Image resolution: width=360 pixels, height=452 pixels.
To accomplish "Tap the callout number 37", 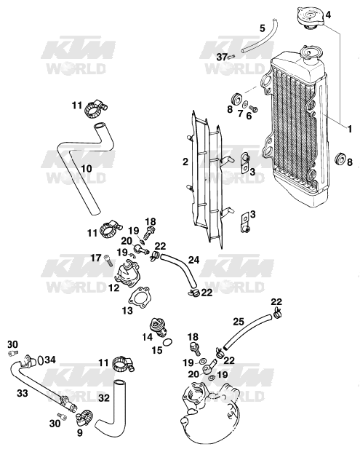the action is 222,57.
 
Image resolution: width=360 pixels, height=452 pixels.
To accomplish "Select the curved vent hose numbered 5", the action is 259,36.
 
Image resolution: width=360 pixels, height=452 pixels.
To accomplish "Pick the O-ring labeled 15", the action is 168,343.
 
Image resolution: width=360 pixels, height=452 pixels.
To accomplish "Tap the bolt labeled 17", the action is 108,261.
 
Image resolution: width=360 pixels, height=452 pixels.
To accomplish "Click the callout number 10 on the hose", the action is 87,168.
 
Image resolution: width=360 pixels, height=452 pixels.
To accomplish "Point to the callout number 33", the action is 22,392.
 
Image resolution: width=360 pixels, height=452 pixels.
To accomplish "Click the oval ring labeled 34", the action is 41,360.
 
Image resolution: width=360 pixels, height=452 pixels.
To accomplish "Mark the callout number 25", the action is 239,321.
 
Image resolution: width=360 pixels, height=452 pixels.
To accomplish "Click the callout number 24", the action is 194,260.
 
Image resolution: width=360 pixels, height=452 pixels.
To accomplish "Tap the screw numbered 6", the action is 253,109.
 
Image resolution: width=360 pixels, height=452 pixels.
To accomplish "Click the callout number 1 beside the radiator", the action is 350,129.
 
